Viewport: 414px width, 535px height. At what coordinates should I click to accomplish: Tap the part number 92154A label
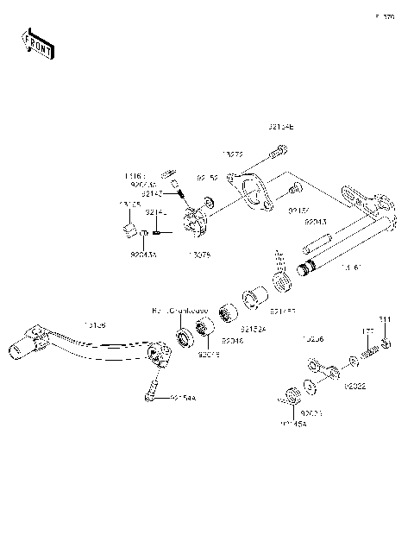(x=183, y=398)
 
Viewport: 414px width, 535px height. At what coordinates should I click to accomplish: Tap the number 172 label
(x=366, y=330)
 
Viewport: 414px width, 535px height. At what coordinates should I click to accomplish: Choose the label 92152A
(x=254, y=329)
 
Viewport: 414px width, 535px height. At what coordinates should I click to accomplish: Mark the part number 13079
(x=198, y=255)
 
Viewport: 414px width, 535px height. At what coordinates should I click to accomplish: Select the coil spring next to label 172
(x=370, y=350)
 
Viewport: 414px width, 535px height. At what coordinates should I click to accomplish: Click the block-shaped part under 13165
(x=129, y=230)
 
